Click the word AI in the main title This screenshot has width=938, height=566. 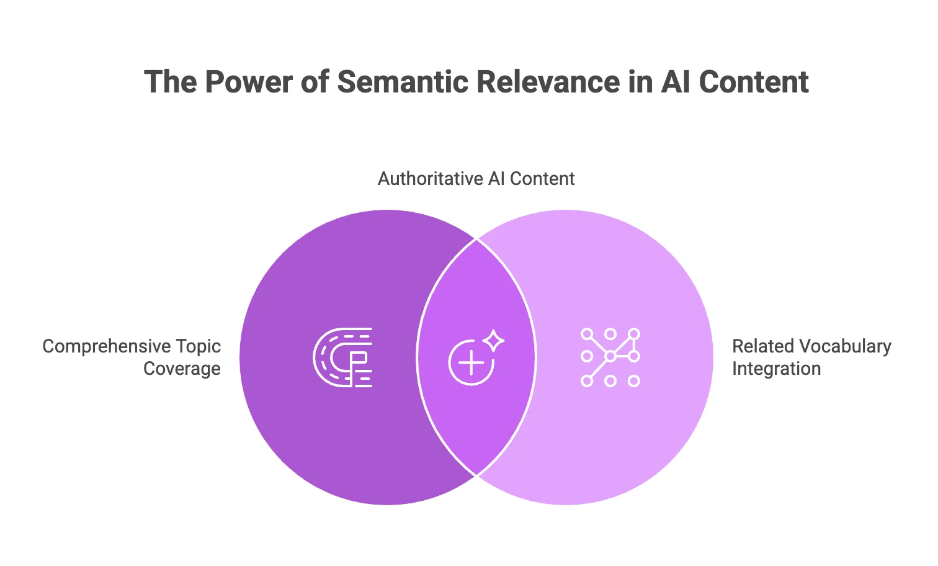[675, 82]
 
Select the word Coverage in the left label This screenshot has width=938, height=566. [182, 369]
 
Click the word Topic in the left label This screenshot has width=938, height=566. [198, 346]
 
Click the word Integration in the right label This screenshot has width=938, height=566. [776, 369]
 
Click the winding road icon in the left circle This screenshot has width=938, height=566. [342, 357]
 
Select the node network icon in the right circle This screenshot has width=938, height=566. [610, 357]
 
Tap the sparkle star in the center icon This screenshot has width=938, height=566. [494, 340]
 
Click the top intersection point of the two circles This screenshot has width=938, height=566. [476, 238]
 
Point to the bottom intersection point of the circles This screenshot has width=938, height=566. [476, 476]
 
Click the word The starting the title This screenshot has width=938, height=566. [170, 82]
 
